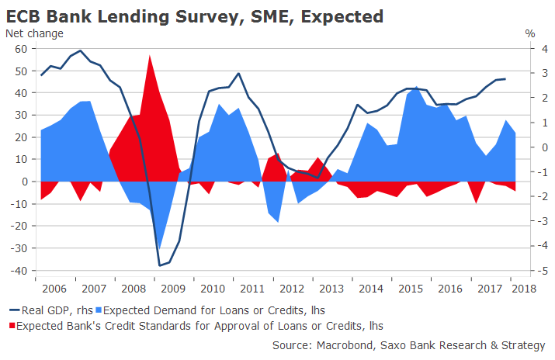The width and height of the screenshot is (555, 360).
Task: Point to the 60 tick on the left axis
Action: pyautogui.click(x=21, y=49)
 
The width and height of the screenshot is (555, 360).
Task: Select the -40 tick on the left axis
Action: pyautogui.click(x=19, y=271)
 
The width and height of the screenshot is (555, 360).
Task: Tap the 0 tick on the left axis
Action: pyautogui.click(x=24, y=182)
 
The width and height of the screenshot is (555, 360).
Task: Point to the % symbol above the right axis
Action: pyautogui.click(x=530, y=33)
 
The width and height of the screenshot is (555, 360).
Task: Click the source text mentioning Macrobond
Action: pyautogui.click(x=411, y=344)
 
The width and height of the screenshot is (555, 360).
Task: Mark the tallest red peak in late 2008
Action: pyautogui.click(x=149, y=55)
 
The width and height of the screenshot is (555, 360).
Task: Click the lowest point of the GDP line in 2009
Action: pyautogui.click(x=159, y=265)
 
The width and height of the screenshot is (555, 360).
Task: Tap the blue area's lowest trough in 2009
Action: pyautogui.click(x=159, y=248)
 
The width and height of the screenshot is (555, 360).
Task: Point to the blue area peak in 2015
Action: pyautogui.click(x=417, y=87)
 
